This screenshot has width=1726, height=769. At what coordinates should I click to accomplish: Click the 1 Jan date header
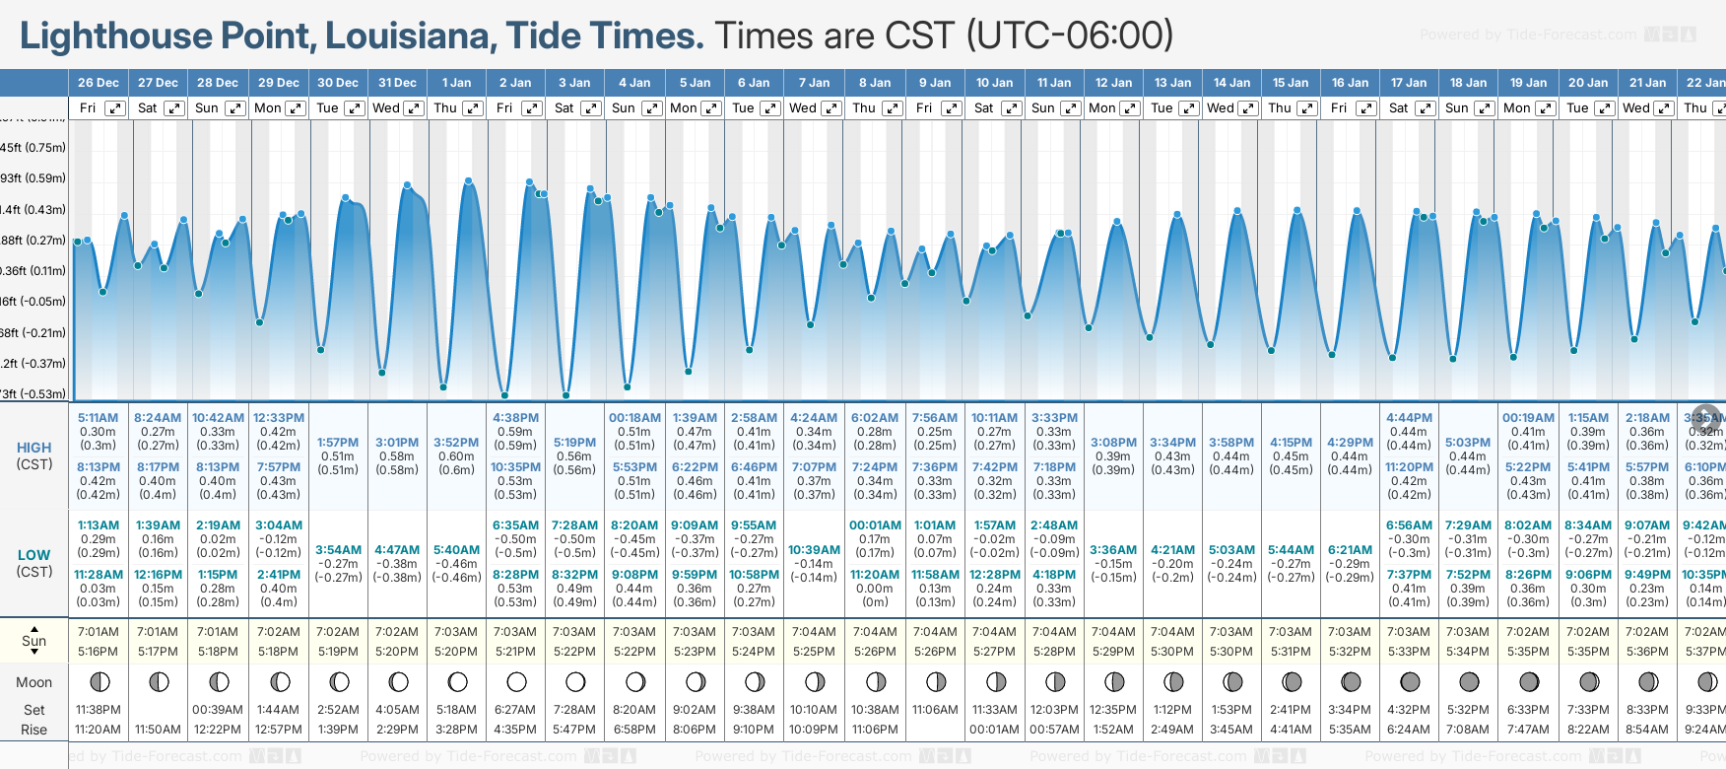pyautogui.click(x=457, y=83)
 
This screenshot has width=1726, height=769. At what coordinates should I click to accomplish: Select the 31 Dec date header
pyautogui.click(x=397, y=83)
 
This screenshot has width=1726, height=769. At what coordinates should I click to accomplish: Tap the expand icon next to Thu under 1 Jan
pyautogui.click(x=473, y=108)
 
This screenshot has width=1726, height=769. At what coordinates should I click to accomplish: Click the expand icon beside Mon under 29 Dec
pyautogui.click(x=295, y=108)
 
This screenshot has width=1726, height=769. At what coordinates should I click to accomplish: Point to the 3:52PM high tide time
pyautogui.click(x=456, y=443)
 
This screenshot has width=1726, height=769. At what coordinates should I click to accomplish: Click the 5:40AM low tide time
pyautogui.click(x=456, y=550)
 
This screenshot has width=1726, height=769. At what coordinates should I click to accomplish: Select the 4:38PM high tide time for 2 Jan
pyautogui.click(x=515, y=418)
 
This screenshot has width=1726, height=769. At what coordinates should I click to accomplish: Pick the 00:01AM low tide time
pyautogui.click(x=875, y=525)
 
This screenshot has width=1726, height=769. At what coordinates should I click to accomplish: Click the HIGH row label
pyautogui.click(x=33, y=448)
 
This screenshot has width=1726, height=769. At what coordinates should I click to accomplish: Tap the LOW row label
pyautogui.click(x=33, y=555)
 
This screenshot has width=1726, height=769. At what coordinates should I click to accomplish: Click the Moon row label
pyautogui.click(x=33, y=682)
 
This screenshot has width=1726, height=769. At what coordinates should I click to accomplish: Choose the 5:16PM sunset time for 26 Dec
pyautogui.click(x=98, y=652)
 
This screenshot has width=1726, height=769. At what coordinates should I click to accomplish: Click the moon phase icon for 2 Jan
pyautogui.click(x=516, y=681)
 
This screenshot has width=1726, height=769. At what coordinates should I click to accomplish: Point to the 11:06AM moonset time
pyautogui.click(x=935, y=710)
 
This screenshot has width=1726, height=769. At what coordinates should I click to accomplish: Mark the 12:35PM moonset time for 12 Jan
pyautogui.click(x=1113, y=710)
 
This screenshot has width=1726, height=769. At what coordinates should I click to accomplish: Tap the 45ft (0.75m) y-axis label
pyautogui.click(x=33, y=148)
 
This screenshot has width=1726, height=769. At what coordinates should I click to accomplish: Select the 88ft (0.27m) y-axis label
pyautogui.click(x=33, y=241)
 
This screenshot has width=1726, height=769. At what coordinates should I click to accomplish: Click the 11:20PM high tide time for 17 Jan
pyautogui.click(x=1409, y=467)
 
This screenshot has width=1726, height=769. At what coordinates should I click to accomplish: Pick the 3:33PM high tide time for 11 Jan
pyautogui.click(x=1054, y=418)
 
